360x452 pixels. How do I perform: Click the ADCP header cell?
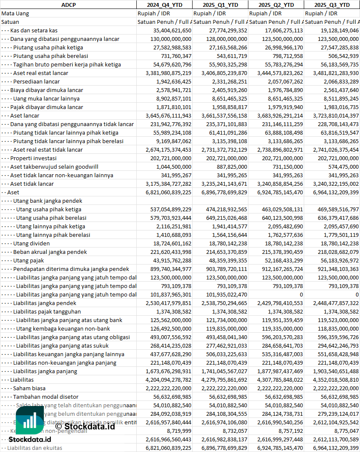(x=68, y=5)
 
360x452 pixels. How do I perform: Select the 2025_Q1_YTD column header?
(x=220, y=5)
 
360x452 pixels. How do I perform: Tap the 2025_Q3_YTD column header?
(x=332, y=5)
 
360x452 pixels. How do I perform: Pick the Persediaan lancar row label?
(x=36, y=81)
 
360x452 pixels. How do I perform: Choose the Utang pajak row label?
(x=29, y=260)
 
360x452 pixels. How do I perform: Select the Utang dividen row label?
(x=32, y=243)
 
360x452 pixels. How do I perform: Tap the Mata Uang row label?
(x=15, y=13)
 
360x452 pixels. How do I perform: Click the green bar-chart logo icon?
(x=30, y=420)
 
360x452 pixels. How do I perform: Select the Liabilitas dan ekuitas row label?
(x=35, y=448)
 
